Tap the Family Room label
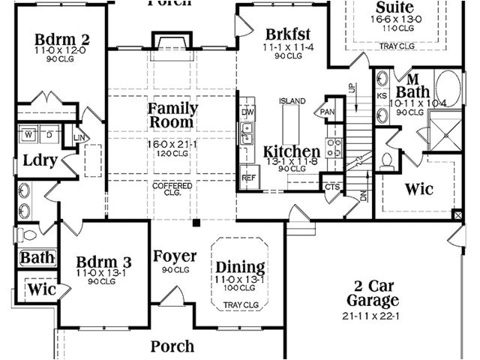point(172,114)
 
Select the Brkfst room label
point(287,34)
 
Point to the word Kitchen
point(292,151)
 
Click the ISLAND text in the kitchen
point(292,100)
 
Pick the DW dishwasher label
point(247,112)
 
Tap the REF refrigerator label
point(248,178)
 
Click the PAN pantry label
point(327,112)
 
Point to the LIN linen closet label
point(79,136)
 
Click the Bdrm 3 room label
point(104,262)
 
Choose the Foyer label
point(175,256)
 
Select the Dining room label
point(240,268)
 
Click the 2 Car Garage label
point(373,293)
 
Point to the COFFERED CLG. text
point(172,188)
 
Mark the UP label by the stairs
point(351,88)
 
